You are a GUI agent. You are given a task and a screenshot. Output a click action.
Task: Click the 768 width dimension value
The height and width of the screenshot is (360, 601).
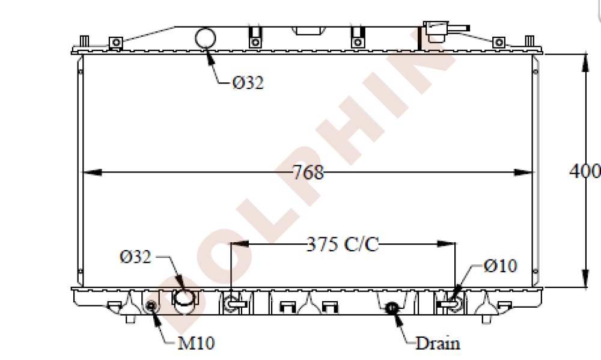point(309,172)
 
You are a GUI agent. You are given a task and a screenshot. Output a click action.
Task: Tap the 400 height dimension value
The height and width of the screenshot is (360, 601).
point(584,171)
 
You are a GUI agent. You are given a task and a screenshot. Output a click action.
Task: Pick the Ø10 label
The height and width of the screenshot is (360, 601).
point(500,266)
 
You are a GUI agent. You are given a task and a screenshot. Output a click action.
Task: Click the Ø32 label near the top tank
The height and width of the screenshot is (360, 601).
point(248,83)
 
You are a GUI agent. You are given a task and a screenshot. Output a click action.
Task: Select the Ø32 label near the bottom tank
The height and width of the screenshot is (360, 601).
point(135,257)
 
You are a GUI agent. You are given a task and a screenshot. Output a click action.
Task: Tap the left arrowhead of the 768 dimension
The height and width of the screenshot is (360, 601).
point(88,173)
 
